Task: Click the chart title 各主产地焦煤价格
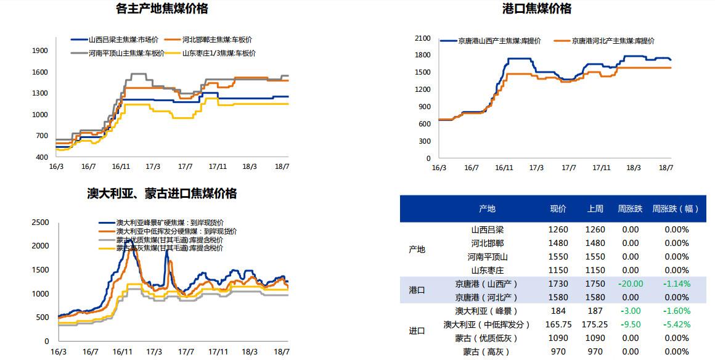[x=162, y=9]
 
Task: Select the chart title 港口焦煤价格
[x=537, y=9]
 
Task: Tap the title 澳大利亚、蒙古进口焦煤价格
[x=161, y=194]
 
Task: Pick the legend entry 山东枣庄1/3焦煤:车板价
[x=219, y=53]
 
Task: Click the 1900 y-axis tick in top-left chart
[x=39, y=51]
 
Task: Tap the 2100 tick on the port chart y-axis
[x=422, y=38]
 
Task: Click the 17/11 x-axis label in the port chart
[x=601, y=168]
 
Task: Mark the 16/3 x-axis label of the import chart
[x=57, y=351]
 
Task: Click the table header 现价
[x=558, y=209]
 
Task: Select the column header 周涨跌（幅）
[x=676, y=209]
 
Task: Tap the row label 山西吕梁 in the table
[x=488, y=229]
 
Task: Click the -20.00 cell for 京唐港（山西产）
[x=630, y=284]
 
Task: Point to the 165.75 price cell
[x=558, y=324]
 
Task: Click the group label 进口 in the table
[x=417, y=331]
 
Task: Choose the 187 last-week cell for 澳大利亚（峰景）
[x=595, y=311]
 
